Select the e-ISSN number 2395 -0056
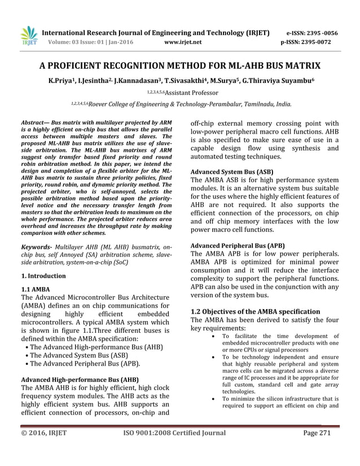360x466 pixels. click(320, 33)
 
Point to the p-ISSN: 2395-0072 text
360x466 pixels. click(309, 42)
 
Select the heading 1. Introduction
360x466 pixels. click(43, 276)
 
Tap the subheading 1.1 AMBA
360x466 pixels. click(35, 289)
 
